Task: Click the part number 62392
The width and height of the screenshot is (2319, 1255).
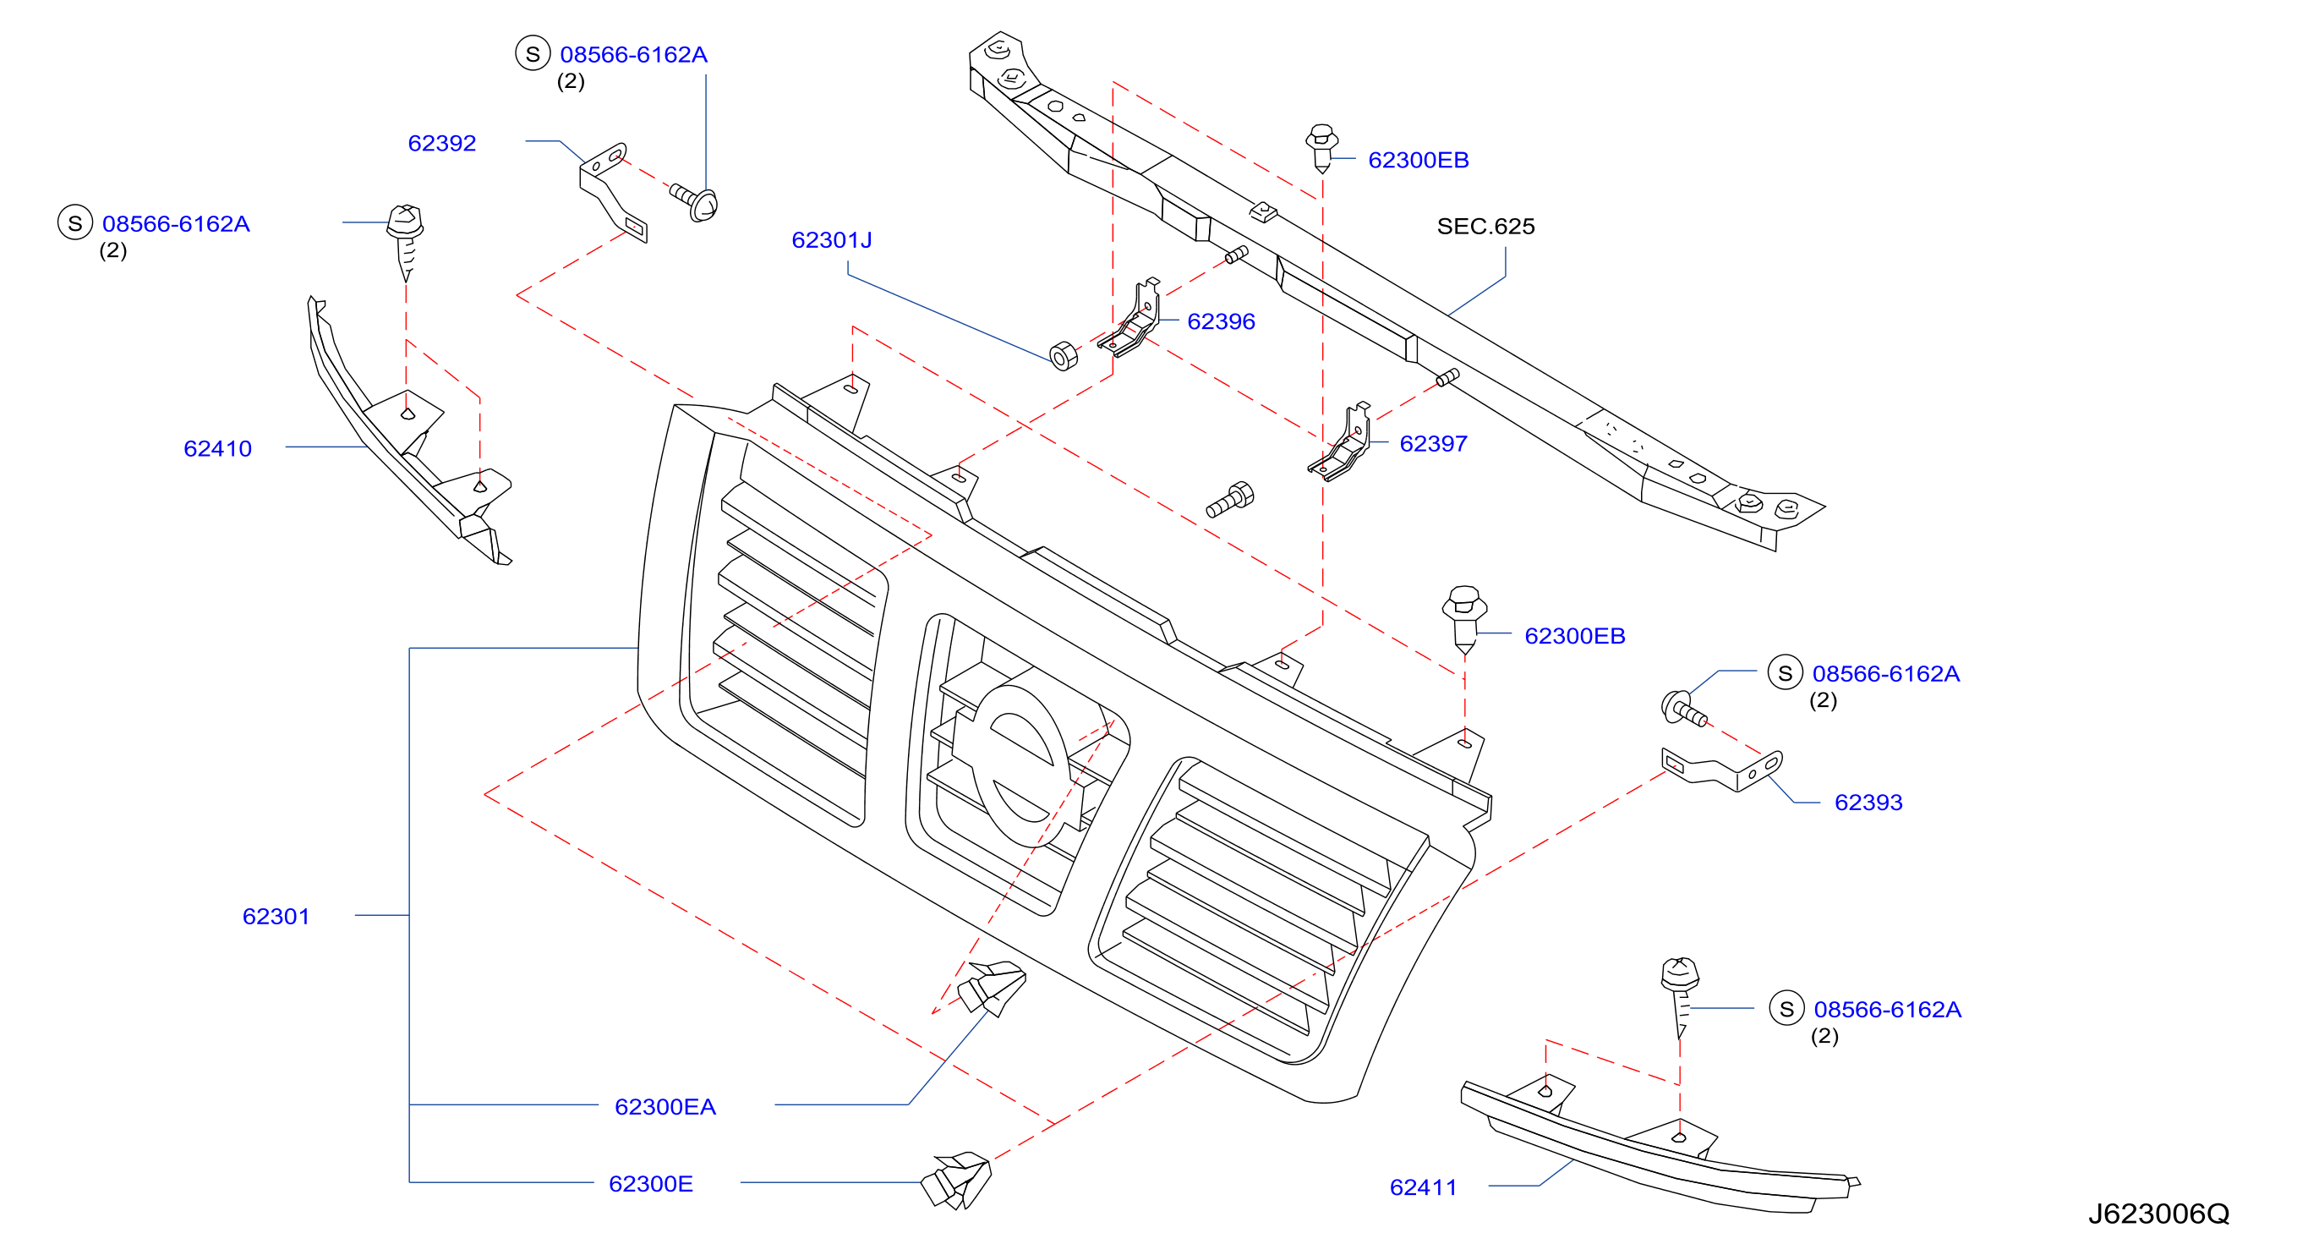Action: [x=441, y=143]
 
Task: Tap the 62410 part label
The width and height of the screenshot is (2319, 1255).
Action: [x=217, y=448]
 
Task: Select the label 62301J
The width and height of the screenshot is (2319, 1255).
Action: [x=831, y=240]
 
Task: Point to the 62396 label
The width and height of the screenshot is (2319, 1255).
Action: [x=1221, y=321]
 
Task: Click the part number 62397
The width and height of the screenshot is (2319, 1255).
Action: [x=1433, y=444]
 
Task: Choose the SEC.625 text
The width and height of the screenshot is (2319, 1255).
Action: [x=1485, y=226]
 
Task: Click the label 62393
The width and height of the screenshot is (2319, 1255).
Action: [x=1868, y=803]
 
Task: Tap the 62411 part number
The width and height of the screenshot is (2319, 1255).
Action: [x=1423, y=1187]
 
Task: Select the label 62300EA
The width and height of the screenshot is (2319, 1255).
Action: [x=665, y=1106]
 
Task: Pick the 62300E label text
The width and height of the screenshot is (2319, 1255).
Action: [x=651, y=1184]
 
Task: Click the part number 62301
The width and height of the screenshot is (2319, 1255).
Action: [x=276, y=917]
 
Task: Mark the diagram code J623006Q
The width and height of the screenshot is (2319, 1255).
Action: [x=2158, y=1214]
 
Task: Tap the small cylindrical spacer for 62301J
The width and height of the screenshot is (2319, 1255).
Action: [x=1064, y=356]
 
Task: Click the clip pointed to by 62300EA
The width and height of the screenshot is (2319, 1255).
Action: [x=991, y=987]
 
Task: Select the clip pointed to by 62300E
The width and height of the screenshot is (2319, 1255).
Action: [x=956, y=1180]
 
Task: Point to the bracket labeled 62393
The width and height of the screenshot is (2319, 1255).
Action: [x=1721, y=770]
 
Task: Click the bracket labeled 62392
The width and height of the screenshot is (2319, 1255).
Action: [x=612, y=192]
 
